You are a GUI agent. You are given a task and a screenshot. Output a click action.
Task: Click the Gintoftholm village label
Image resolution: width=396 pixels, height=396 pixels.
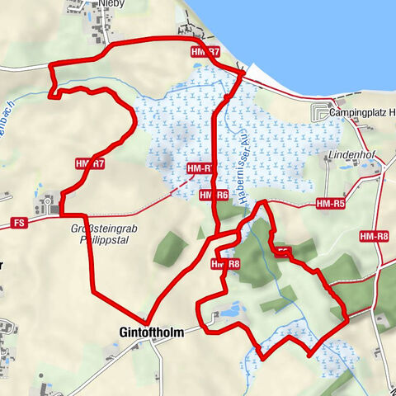point(143,333)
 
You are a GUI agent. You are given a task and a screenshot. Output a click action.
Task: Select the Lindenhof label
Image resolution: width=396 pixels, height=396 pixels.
point(352,154)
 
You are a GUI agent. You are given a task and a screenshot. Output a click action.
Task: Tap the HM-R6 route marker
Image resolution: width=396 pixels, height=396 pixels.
point(213,195)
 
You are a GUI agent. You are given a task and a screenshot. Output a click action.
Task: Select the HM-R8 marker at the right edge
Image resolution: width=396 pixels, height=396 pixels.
point(374,237)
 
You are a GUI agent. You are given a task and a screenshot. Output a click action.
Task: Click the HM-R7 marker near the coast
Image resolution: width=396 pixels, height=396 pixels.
point(205,52)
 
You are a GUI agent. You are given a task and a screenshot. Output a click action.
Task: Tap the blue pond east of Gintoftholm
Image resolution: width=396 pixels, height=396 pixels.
point(231,310)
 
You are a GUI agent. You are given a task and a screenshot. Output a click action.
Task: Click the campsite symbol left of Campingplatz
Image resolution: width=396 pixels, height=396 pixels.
point(318,111)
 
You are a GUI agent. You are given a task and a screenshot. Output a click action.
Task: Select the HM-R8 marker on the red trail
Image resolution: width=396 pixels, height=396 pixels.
point(224,264)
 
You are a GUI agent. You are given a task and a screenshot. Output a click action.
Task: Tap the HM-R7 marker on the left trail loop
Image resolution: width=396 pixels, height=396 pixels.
point(89,164)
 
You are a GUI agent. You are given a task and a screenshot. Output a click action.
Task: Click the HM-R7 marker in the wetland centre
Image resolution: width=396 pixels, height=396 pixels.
point(200,168)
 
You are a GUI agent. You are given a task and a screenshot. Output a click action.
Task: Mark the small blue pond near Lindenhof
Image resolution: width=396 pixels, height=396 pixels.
point(346,167)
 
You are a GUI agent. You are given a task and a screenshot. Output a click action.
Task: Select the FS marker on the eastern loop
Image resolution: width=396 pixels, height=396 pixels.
point(283,250)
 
